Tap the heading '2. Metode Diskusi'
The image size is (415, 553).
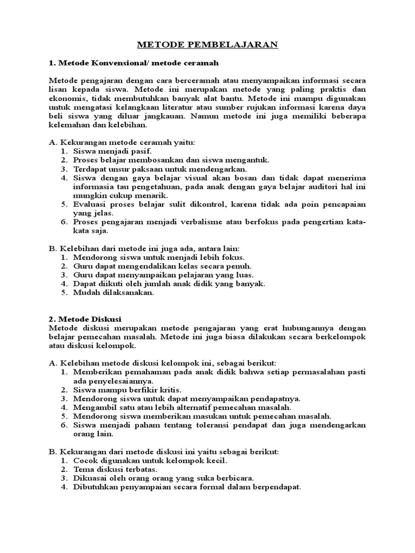[x=85, y=319]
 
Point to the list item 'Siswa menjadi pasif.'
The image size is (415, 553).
[x=109, y=151]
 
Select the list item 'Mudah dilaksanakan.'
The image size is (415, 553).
[x=114, y=293]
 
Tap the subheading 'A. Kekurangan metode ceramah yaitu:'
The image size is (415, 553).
[x=122, y=142]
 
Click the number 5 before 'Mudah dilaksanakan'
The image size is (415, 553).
[x=63, y=293]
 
